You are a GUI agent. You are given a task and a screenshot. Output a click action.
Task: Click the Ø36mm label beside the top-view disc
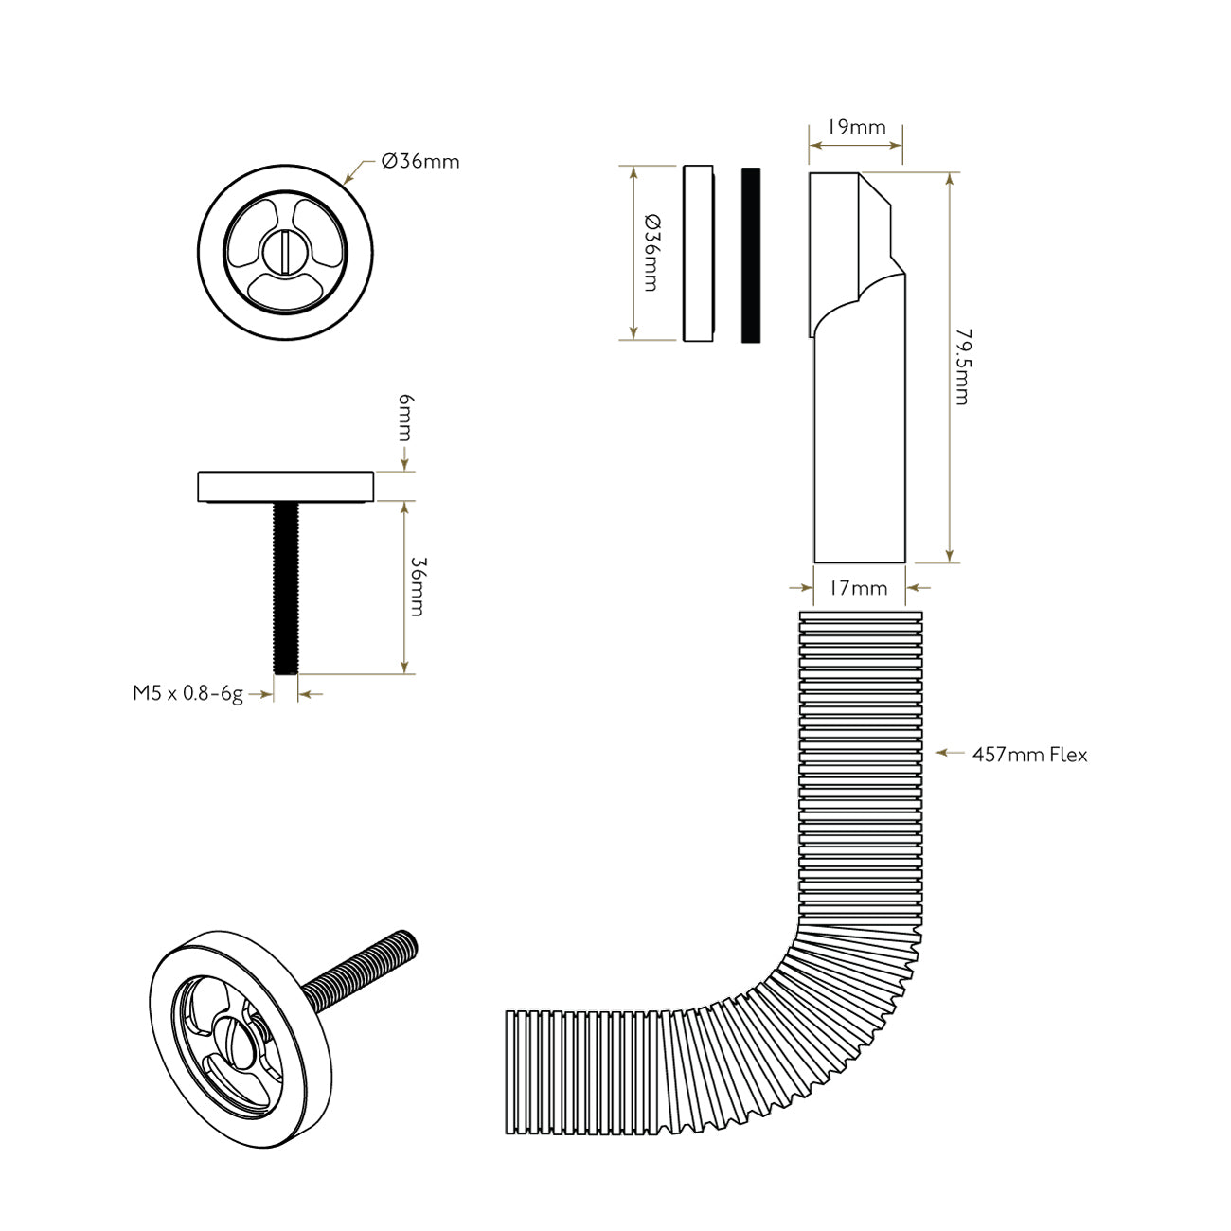pos(420,161)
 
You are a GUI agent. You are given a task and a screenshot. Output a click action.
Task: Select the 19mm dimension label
pos(856,127)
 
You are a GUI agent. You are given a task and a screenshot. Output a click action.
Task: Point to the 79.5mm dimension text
pos(962,367)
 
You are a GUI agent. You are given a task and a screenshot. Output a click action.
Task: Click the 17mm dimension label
pos(858,588)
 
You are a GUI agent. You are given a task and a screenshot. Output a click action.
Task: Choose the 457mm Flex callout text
pos(1030,755)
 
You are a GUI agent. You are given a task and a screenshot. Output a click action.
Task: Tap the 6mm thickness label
pos(405,418)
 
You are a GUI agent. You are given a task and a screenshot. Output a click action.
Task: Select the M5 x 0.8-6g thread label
pos(187,693)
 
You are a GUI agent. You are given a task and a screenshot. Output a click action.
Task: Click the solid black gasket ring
pos(751,255)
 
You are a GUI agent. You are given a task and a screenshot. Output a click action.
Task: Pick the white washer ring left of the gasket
pos(698,253)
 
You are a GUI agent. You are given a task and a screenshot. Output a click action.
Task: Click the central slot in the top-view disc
pos(286,253)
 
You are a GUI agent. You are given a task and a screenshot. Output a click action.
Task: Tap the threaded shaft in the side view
pos(286,587)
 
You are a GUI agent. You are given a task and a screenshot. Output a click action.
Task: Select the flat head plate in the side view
pos(286,486)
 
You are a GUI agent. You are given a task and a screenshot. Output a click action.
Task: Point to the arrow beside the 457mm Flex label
pos(943,754)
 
